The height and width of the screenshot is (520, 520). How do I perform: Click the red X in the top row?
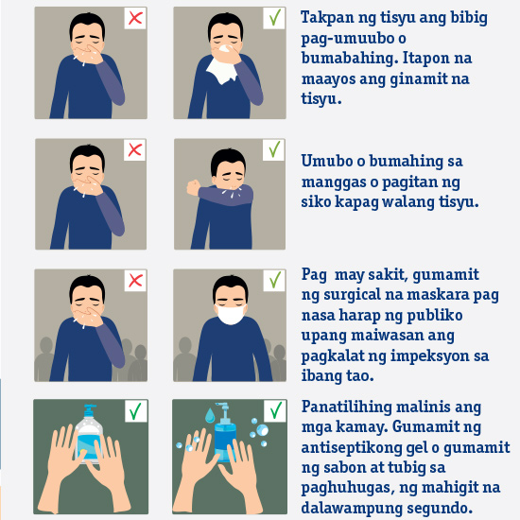pos(135,18)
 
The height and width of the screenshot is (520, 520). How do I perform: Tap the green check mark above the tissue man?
pos(275,17)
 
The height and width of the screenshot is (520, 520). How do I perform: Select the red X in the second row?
pos(134,150)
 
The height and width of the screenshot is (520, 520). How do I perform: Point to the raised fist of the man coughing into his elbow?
pos(193,188)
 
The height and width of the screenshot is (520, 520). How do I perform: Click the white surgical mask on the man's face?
pos(231,314)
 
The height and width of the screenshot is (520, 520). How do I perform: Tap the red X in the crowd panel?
pos(135,281)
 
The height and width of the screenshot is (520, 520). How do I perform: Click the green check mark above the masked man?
pos(275,280)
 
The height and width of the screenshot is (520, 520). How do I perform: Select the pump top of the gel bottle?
pos(90,410)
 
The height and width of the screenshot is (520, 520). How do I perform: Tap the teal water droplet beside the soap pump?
pos(210,415)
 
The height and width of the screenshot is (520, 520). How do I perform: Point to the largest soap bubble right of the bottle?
pos(262,430)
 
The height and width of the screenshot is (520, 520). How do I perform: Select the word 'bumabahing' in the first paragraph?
pos(350,58)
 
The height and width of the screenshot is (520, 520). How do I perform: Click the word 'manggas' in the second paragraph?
pos(335,182)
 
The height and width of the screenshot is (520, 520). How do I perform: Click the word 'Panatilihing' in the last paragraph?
pos(347,407)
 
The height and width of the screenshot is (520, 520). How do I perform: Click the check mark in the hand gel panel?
pos(135,411)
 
